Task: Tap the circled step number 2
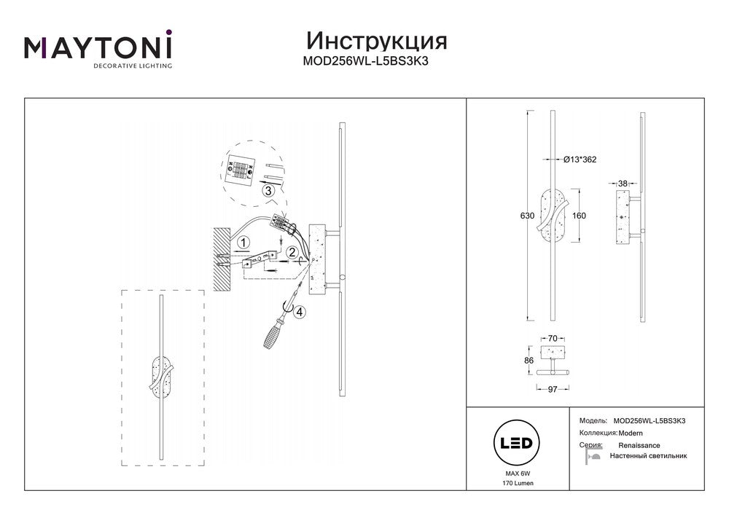point(292,253)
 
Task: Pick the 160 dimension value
point(580,216)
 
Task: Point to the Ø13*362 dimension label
point(580,160)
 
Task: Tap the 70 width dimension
point(552,339)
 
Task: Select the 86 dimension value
point(529,360)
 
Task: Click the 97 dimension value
point(552,390)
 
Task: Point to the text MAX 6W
point(516,473)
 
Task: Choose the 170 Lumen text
point(516,483)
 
